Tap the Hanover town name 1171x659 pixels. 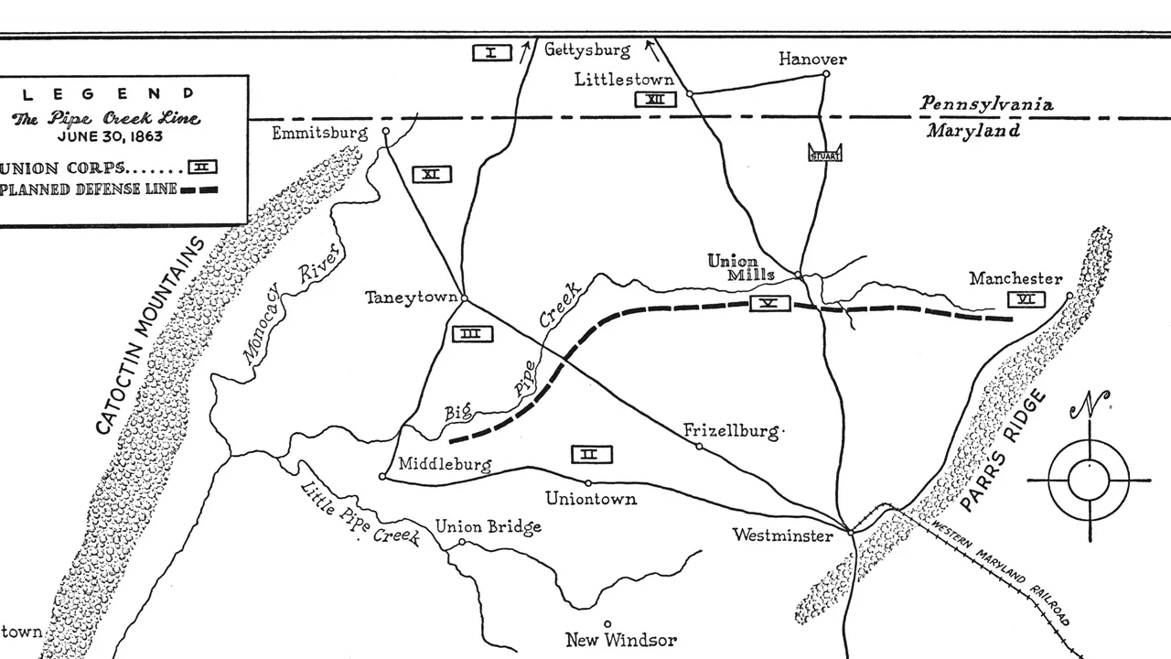812,59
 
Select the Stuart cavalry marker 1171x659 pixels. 825,154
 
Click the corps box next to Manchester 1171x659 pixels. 1026,299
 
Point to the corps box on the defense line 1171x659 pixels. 769,304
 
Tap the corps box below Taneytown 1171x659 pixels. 472,334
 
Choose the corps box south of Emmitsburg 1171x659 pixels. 431,174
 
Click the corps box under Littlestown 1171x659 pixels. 656,100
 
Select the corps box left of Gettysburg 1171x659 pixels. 491,52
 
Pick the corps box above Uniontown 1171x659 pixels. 592,454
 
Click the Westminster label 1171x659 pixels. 782,535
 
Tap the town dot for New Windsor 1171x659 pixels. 607,624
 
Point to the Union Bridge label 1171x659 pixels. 488,526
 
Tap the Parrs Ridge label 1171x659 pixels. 1004,449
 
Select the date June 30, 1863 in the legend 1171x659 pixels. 108,137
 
